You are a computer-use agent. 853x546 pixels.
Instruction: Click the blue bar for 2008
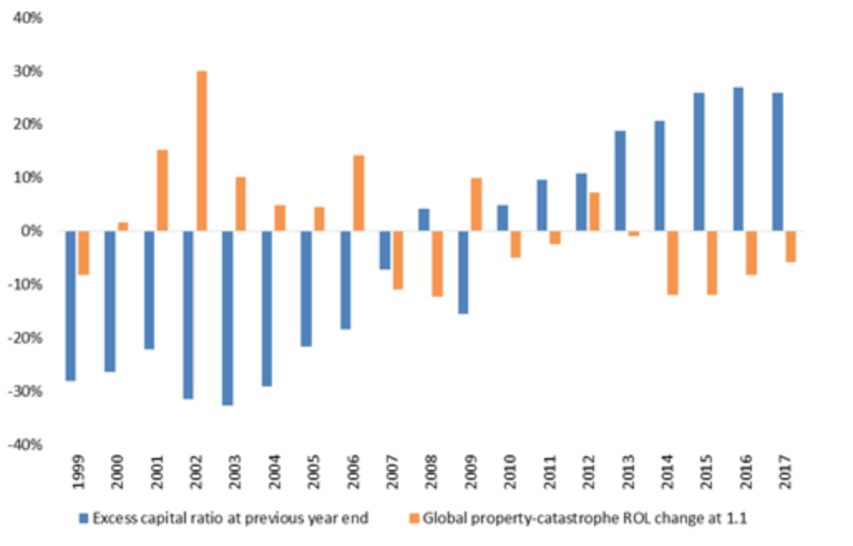pyautogui.click(x=423, y=220)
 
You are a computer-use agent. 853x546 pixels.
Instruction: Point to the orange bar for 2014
pyautogui.click(x=673, y=263)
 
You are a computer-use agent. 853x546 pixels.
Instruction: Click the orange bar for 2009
pyautogui.click(x=476, y=204)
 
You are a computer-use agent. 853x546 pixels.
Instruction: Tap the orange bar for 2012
pyautogui.click(x=594, y=212)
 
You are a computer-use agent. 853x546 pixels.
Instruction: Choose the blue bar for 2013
pyautogui.click(x=620, y=181)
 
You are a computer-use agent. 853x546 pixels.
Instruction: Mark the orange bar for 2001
pyautogui.click(x=162, y=190)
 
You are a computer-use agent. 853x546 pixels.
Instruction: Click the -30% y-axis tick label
pyautogui.click(x=27, y=391)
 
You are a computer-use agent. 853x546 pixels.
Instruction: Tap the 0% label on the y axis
pyautogui.click(x=32, y=231)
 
